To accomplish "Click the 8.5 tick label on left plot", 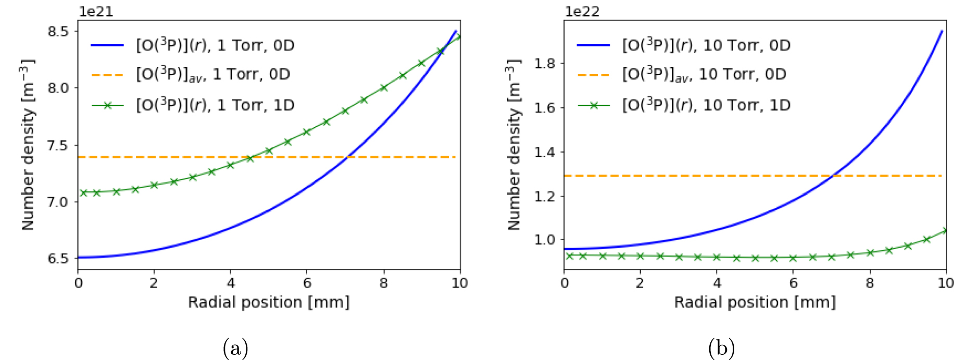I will pos(58,31).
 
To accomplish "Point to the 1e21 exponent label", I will pos(95,11).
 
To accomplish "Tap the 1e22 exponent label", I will pos(582,11).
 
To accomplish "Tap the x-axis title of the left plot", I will pos(269,302).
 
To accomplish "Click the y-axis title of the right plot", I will pos(514,145).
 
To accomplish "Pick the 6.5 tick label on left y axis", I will pos(58,258).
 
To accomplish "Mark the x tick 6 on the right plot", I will pos(793,283).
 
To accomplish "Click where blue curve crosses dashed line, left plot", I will pos(347,157).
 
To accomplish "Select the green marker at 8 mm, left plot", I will pos(384,88).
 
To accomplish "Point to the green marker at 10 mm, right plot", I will pos(945,230).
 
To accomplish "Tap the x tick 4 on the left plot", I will pos(231,283).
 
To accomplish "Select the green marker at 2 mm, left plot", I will pos(154,185).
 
